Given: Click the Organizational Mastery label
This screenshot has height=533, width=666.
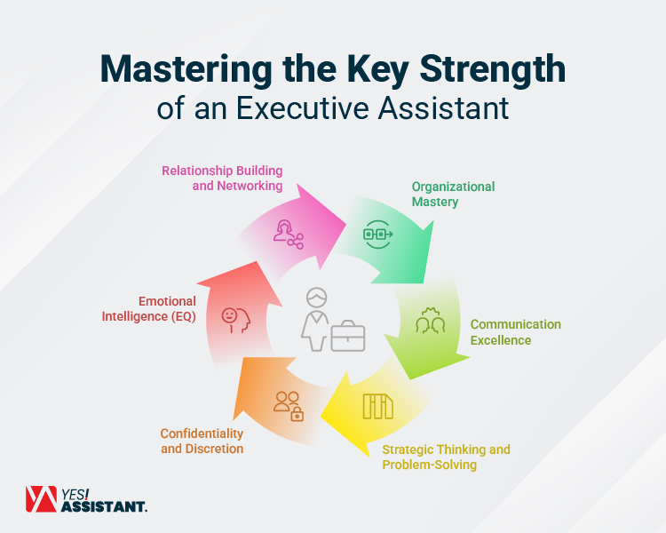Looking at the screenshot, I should coord(453,194).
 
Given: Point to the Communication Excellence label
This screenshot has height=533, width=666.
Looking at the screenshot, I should coord(515,332).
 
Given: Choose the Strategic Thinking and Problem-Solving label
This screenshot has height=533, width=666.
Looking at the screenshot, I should coord(446,457).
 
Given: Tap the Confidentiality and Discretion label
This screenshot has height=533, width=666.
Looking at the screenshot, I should coord(202,441).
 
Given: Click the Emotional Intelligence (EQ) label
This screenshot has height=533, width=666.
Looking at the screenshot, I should coord(167,309).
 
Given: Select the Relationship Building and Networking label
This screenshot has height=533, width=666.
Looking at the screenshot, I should coord(222,179).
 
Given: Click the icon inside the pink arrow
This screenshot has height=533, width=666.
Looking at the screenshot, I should coord(289,234).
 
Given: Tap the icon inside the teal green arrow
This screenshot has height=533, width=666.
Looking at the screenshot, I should coord(377,235).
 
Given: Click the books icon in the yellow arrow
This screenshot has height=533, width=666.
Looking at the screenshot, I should coord(377,406).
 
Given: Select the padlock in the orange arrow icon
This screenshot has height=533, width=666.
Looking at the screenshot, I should coord(297,414).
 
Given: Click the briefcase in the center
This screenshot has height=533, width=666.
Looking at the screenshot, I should coord(347,337).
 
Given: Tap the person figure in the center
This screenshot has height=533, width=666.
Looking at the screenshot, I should coord(314,317).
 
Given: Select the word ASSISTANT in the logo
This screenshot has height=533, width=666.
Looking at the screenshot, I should coord(104,506).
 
